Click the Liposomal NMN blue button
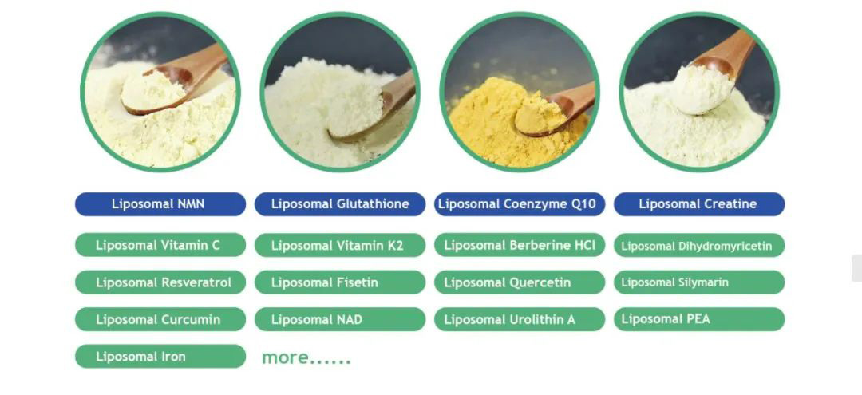click(160, 204)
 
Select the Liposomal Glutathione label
click(340, 204)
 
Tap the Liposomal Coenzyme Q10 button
click(520, 204)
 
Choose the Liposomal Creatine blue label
click(699, 204)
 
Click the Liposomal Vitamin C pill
click(160, 245)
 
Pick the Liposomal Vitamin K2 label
click(340, 245)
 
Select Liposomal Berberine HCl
click(520, 245)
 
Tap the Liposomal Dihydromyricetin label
click(699, 246)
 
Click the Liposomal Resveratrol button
click(160, 282)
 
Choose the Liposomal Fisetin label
click(340, 282)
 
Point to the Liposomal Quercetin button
click(520, 282)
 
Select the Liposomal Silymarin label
click(699, 282)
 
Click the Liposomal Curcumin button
click(160, 319)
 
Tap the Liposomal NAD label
click(340, 319)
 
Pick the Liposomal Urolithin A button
click(520, 319)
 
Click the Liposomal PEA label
click(699, 319)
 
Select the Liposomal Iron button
click(160, 357)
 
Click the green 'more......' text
click(306, 358)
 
